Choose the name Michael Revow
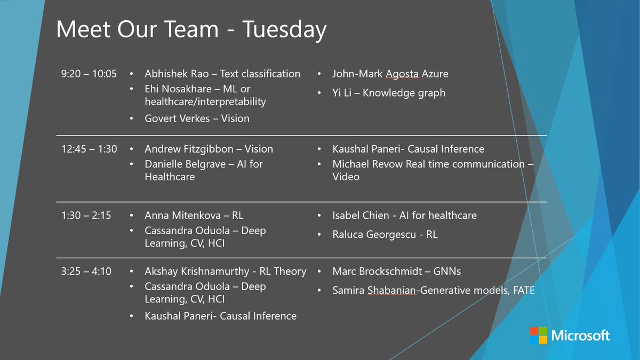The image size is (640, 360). coord(367,164)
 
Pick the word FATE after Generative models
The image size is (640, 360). coord(522,291)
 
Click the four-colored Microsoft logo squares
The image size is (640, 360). coord(538,335)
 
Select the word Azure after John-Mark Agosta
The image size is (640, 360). coord(434,74)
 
